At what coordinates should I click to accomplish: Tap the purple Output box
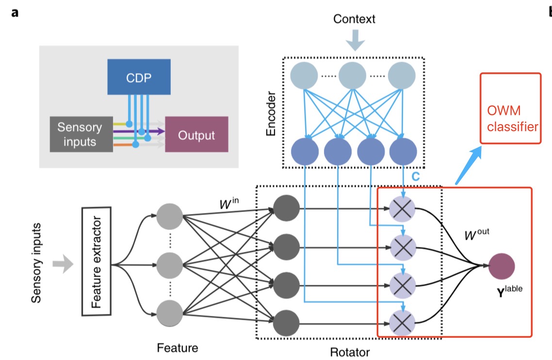196,134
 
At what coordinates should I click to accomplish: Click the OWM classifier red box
510,109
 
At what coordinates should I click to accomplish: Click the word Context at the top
354,19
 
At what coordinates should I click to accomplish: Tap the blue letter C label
416,178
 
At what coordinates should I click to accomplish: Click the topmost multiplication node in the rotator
403,209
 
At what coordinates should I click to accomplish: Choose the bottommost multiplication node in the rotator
403,321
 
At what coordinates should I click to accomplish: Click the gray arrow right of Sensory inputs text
64,264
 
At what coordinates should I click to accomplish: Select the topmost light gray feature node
170,216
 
